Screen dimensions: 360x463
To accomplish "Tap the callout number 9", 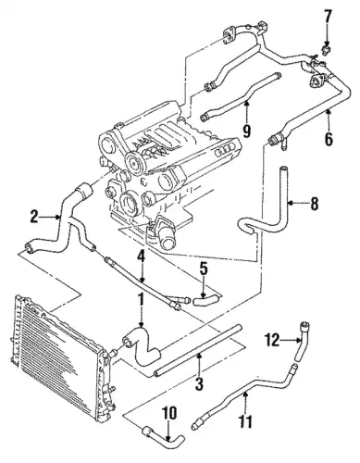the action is tap(246, 130).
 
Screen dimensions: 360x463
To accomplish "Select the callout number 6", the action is tap(329, 138).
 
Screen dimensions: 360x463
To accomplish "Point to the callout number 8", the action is tap(315, 204).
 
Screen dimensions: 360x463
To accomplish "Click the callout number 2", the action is tap(34, 217).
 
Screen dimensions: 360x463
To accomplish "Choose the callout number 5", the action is tap(204, 270).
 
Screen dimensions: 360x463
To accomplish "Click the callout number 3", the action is tap(199, 383).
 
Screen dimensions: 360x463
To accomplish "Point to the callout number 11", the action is tap(245, 421).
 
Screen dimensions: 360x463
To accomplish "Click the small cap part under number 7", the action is tap(325, 49).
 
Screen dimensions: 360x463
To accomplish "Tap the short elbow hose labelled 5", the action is tap(206, 299).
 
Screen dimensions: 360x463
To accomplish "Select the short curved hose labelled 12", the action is tap(301, 341).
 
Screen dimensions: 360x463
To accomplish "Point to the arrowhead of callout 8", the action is tap(292, 203).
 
